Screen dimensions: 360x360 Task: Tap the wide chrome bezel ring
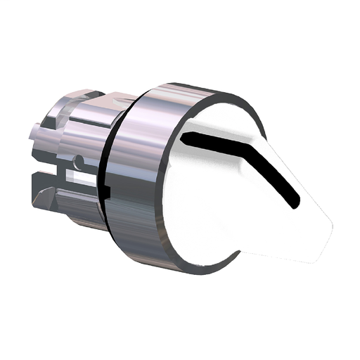[x=137, y=169]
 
